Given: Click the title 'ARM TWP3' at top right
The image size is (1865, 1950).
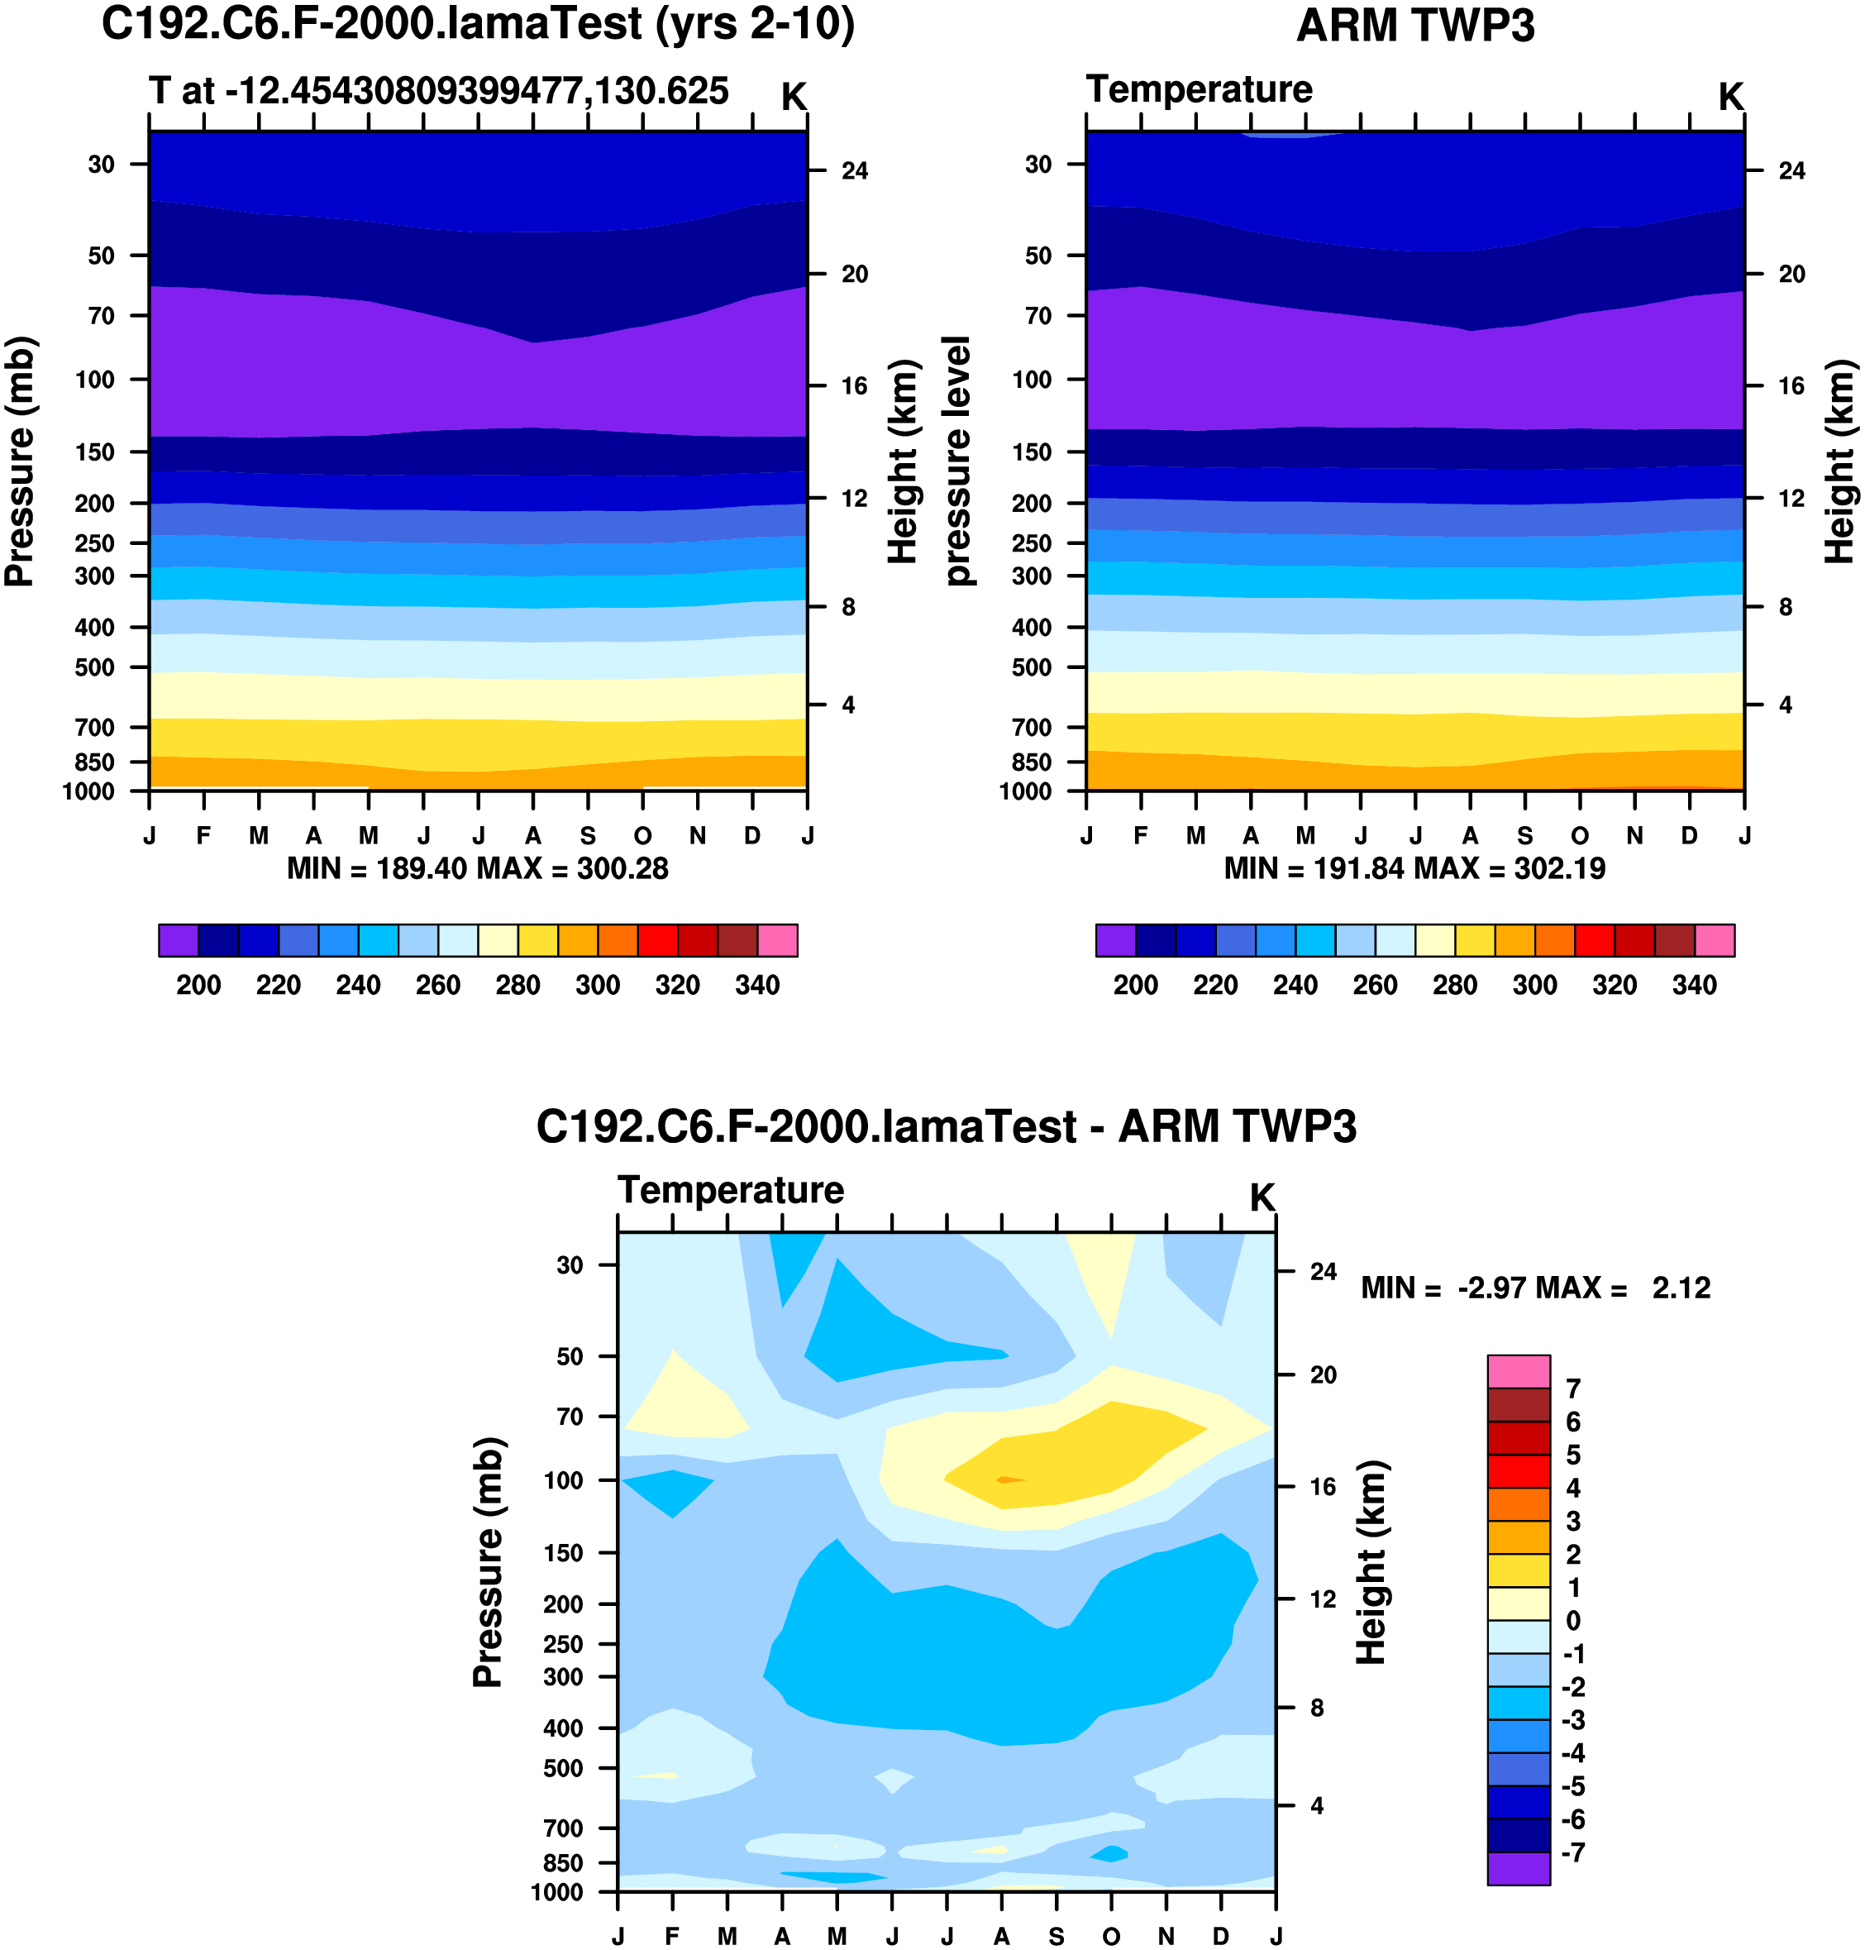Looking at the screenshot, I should tap(1414, 26).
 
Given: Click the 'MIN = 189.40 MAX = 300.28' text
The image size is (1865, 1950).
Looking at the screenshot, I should tap(477, 869).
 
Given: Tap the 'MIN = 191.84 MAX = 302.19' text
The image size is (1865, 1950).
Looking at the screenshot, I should tap(1414, 869).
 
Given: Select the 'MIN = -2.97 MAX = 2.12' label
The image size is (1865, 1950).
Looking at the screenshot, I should tap(1535, 1288).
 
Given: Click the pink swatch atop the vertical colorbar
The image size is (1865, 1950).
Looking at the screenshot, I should tap(1518, 1371).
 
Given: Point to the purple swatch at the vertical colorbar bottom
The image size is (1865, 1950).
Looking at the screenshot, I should tap(1518, 1868).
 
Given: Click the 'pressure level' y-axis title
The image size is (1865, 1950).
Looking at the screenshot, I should tap(956, 461).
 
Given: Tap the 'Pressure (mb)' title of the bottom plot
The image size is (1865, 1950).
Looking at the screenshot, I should tap(488, 1562).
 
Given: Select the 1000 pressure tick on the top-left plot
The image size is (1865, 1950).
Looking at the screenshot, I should tap(88, 792).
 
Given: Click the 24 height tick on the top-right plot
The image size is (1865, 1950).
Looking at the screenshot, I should tap(1791, 171).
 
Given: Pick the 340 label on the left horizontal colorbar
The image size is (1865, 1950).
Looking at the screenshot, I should tap(756, 986).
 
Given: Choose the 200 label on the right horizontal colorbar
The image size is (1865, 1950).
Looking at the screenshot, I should tap(1135, 986).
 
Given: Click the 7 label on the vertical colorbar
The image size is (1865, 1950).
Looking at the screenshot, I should tap(1572, 1389).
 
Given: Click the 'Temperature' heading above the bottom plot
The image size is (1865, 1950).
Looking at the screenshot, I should tap(731, 1190).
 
